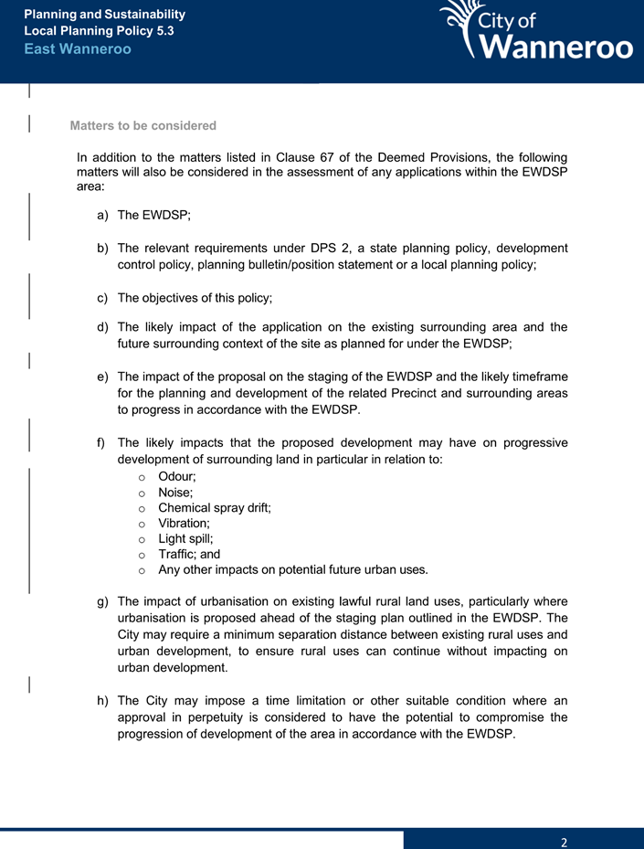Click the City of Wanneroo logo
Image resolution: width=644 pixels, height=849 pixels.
(x=535, y=32)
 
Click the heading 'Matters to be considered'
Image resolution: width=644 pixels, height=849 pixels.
(x=143, y=125)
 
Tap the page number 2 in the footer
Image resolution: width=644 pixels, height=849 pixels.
(x=565, y=842)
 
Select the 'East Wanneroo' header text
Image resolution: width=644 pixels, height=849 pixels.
(x=78, y=48)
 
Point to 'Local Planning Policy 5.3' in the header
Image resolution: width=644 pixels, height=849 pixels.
(x=99, y=31)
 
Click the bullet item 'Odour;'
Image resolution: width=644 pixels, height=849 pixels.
(x=177, y=477)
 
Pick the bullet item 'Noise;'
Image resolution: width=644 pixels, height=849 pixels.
(x=175, y=493)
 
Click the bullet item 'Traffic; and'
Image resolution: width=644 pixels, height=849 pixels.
(x=189, y=554)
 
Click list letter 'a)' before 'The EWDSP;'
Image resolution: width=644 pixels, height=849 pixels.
(x=102, y=216)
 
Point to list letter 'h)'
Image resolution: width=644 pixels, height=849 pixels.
(x=102, y=700)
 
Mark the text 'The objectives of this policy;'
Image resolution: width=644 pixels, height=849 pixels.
(x=195, y=298)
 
